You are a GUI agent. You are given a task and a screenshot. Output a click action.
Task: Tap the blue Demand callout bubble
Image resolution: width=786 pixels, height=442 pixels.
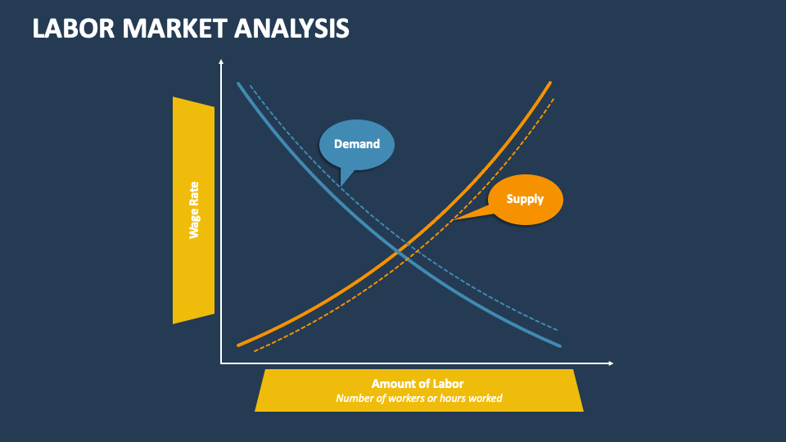[x=357, y=144]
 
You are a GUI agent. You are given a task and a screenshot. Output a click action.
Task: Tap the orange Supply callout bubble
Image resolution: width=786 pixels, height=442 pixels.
[x=525, y=199]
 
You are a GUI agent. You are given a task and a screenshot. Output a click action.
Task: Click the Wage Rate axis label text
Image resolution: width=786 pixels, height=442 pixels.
[x=194, y=210]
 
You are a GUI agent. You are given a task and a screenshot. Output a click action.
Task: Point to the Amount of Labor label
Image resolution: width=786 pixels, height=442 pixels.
[x=418, y=383]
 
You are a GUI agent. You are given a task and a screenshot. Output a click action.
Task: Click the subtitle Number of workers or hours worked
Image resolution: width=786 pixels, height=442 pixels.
[x=418, y=399]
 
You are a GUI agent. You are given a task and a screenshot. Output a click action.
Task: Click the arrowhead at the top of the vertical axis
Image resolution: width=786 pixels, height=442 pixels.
[x=221, y=61]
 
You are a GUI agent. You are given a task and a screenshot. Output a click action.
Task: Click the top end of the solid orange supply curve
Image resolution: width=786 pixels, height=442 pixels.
[x=550, y=83]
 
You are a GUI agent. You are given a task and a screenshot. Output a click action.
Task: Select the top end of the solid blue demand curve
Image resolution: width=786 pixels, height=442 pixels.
[x=238, y=83]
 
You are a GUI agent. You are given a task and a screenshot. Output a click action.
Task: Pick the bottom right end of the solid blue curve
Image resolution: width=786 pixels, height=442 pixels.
[x=561, y=346]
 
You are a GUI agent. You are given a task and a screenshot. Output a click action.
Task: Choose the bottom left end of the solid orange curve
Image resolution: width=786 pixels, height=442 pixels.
[x=238, y=345]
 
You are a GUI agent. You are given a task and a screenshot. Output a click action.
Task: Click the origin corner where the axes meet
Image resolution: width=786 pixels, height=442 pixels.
[x=221, y=363]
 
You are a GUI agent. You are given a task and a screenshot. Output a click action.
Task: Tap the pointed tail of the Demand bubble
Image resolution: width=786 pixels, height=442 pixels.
[x=341, y=185]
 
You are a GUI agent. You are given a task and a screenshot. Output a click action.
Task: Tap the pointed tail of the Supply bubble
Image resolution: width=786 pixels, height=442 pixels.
[x=453, y=220]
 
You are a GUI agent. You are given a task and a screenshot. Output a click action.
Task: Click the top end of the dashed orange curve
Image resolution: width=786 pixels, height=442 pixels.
[x=554, y=99]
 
